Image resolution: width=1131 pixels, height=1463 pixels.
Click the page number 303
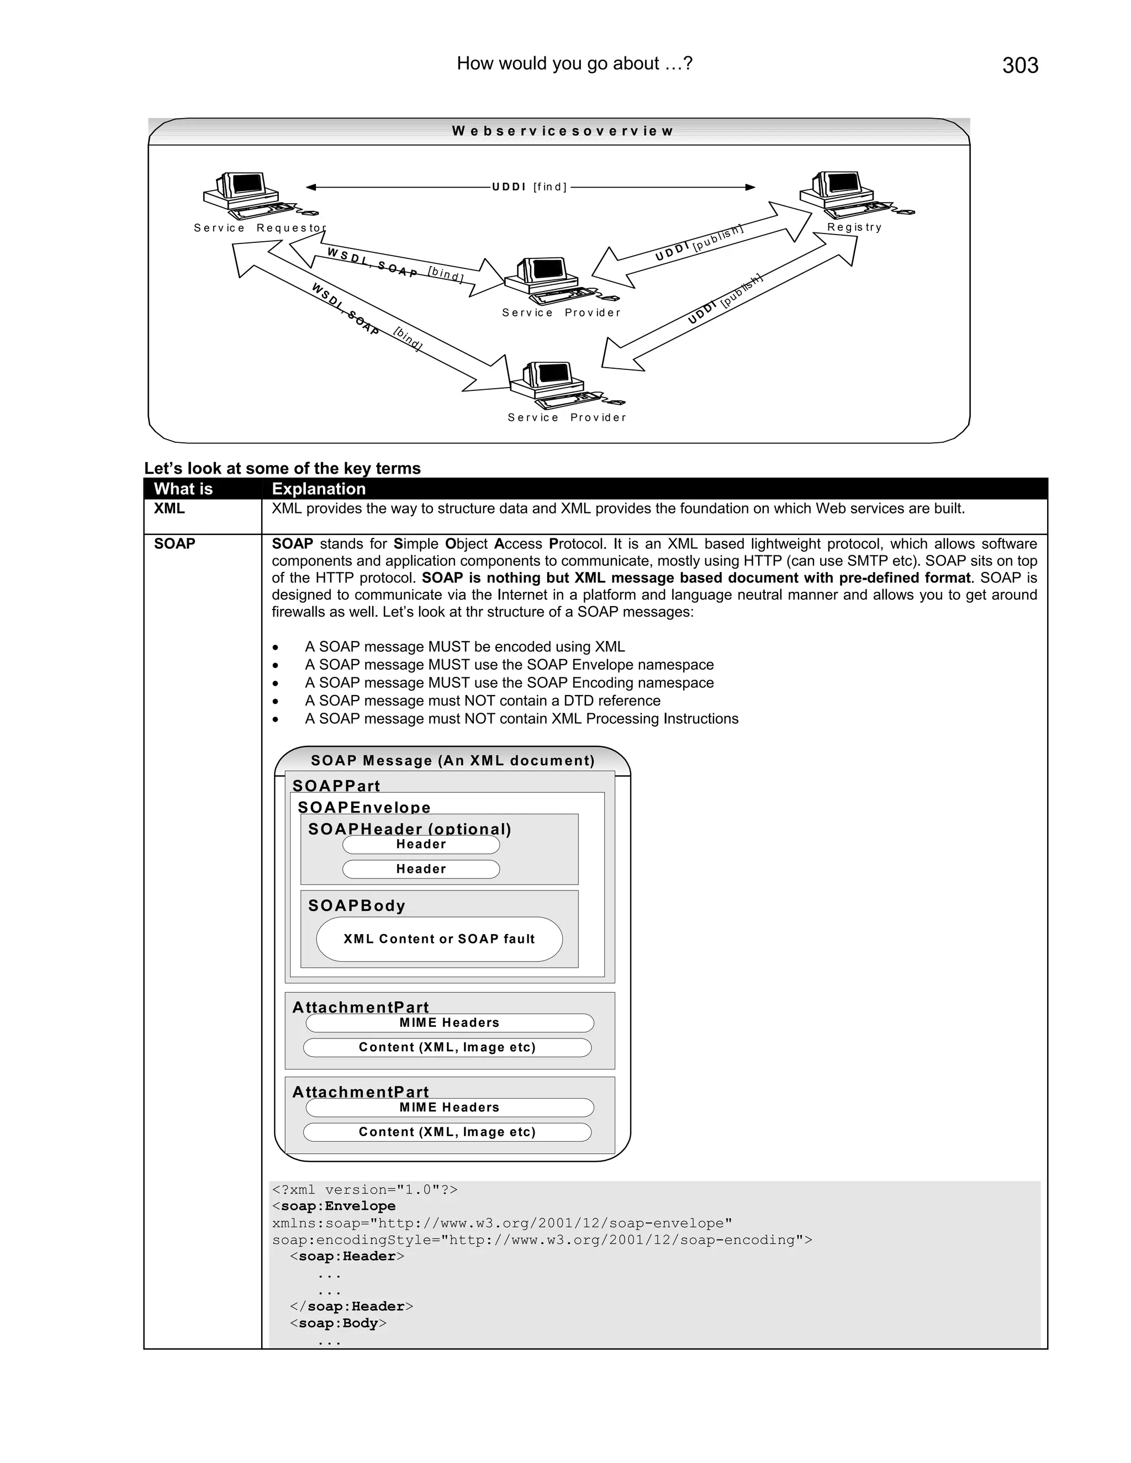point(1020,66)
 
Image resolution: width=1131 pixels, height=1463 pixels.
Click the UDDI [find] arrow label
point(529,187)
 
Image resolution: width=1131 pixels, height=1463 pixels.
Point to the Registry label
point(854,227)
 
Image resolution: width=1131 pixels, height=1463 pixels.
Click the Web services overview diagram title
point(562,131)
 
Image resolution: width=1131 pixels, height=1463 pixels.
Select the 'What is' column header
point(183,489)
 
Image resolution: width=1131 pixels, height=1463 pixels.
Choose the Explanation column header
point(319,489)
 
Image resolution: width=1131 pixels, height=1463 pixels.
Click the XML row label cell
point(170,508)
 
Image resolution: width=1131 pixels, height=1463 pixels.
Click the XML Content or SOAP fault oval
point(439,939)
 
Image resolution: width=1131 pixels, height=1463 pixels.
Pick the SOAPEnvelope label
point(364,807)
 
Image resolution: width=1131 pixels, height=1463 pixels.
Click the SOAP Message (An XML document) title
point(452,760)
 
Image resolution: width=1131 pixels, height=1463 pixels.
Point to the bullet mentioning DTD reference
point(483,701)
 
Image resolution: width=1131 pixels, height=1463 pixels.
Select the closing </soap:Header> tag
point(351,1306)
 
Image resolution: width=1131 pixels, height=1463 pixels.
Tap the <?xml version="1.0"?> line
point(364,1190)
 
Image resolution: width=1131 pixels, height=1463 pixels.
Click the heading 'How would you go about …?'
point(574,63)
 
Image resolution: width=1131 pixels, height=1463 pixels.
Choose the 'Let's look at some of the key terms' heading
point(282,468)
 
